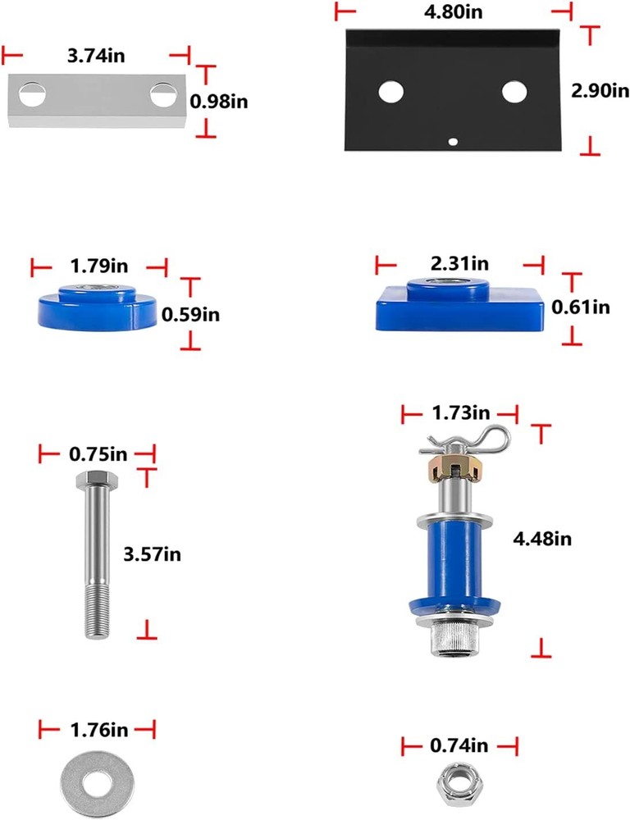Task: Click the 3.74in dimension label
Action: (x=96, y=56)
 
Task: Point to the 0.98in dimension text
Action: (x=219, y=102)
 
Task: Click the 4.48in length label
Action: (x=542, y=538)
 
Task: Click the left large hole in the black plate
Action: (x=390, y=92)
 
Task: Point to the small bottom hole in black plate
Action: (x=452, y=141)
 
